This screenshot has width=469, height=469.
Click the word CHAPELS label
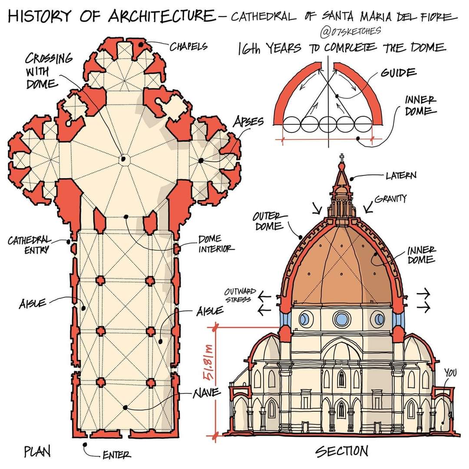(x=188, y=46)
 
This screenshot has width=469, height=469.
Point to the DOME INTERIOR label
(x=216, y=244)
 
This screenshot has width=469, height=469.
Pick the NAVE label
(x=206, y=393)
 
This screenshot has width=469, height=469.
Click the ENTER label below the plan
(x=116, y=455)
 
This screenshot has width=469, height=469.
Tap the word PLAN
(x=37, y=452)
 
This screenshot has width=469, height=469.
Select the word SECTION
(x=342, y=451)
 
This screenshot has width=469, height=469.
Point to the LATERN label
(x=400, y=175)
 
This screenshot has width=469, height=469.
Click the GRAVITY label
(x=390, y=199)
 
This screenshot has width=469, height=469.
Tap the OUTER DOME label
(x=268, y=221)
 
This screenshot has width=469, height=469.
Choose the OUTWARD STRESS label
(x=240, y=295)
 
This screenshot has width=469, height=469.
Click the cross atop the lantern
(x=342, y=158)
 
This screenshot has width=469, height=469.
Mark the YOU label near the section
(x=451, y=372)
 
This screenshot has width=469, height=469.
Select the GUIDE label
(x=399, y=73)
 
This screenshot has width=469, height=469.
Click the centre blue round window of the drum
(x=342, y=319)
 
